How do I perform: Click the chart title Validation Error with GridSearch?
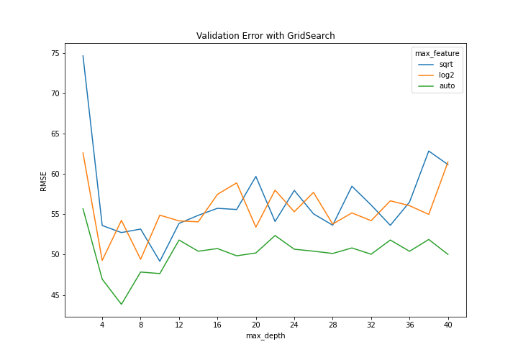(265, 36)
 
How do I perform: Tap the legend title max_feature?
(437, 53)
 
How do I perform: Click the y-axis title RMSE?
(44, 180)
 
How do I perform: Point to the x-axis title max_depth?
(265, 335)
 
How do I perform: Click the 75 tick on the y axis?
(55, 53)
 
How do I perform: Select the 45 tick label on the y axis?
(55, 295)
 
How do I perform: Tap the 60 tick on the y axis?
(55, 175)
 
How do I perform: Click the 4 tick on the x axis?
(102, 325)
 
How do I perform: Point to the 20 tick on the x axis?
(255, 325)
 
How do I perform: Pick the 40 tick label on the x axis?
(447, 325)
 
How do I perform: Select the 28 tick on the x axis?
(332, 325)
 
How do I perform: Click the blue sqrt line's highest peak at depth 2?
(83, 56)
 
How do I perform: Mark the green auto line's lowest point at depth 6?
(122, 304)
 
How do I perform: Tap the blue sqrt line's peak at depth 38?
(429, 151)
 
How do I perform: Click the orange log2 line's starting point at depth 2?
(83, 153)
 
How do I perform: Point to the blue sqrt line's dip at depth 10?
(160, 261)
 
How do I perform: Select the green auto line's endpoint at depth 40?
(447, 254)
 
